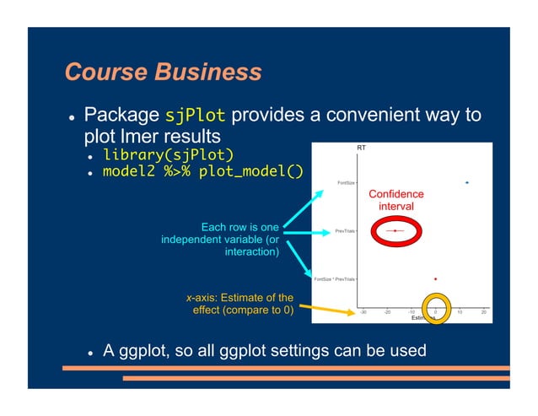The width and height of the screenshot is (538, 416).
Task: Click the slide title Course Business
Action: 163,72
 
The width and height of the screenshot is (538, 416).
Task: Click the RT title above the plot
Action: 362,149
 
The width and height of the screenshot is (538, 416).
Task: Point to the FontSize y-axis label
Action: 346,182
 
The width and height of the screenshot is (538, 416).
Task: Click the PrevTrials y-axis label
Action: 345,230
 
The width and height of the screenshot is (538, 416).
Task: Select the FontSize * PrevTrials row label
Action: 334,278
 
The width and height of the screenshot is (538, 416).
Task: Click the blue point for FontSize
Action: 466,182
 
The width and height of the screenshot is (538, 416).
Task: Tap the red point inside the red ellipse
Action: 395,230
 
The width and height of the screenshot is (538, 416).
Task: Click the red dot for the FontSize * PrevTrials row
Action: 435,278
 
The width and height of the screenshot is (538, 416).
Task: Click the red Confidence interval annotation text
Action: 395,200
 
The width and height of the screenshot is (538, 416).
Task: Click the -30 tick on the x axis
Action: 363,312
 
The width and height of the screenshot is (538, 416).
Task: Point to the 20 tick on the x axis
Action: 484,312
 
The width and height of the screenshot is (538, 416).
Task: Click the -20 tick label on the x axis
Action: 387,312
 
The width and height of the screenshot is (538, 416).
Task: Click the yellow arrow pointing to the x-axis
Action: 329,312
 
